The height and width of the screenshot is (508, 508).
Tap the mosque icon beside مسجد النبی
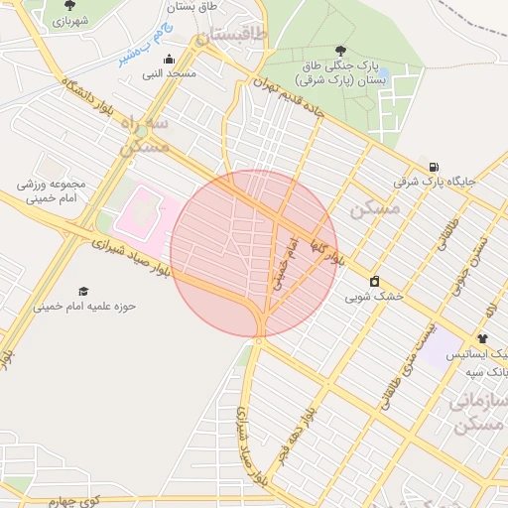point(169,59)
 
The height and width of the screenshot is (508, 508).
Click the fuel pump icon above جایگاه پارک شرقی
point(434,167)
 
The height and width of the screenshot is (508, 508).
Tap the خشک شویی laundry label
point(375,296)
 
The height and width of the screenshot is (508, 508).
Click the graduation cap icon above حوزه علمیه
point(84,291)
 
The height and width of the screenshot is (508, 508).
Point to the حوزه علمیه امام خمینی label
point(84,306)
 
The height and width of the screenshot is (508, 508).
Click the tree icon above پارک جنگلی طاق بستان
point(341,50)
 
